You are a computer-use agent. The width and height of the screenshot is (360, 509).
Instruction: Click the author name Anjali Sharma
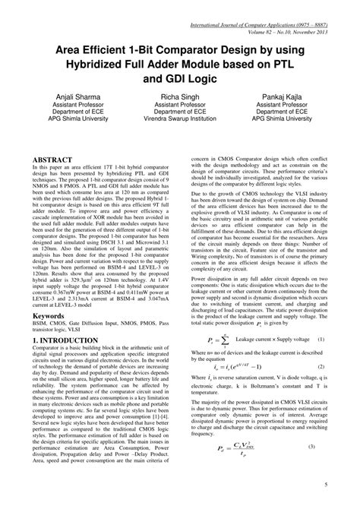(x=74, y=98)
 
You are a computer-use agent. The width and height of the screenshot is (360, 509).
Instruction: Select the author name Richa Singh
(x=180, y=98)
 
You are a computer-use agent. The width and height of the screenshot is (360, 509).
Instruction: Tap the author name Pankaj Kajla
(x=285, y=98)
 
